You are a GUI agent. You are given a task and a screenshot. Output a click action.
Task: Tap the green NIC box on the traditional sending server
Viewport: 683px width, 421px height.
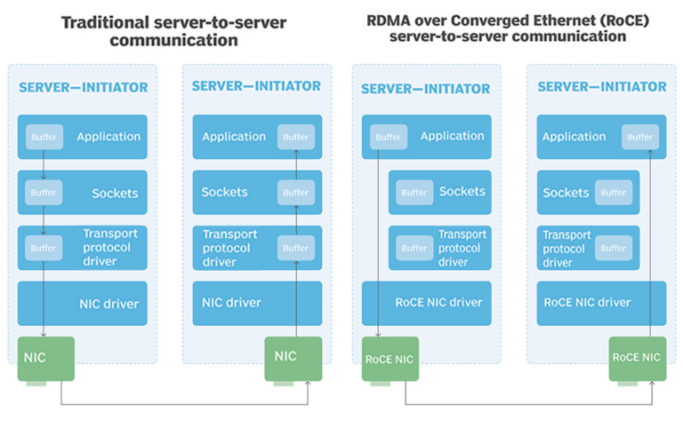45,359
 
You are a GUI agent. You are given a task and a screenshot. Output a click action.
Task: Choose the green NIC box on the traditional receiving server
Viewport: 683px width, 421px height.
293,359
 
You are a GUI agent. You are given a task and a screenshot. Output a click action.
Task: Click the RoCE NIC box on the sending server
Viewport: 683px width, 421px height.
390,359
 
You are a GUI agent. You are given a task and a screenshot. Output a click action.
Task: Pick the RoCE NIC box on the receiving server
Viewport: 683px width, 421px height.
638,359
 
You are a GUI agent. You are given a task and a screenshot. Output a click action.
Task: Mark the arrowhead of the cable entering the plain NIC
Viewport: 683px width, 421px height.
308,384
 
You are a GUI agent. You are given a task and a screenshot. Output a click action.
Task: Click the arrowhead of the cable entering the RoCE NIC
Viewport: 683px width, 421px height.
652,384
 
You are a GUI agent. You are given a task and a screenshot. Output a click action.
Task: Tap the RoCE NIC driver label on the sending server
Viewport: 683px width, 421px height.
438,302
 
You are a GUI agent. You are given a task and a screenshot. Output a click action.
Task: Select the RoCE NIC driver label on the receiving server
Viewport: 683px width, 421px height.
587,302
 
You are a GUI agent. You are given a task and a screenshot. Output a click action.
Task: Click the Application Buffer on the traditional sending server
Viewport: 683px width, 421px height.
44,137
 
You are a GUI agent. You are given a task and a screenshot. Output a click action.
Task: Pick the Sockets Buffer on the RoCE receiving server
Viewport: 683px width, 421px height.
614,192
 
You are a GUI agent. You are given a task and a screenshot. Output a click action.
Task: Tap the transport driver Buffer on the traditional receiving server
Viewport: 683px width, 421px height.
296,248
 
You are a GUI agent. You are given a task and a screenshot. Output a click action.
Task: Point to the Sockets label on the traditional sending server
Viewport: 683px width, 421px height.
115,193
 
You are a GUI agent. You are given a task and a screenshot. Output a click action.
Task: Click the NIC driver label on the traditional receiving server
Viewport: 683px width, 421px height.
231,302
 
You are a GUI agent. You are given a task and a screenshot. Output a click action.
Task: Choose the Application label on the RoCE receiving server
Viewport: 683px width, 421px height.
574,137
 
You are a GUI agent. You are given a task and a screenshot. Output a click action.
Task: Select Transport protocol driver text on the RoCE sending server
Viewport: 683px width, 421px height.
462,248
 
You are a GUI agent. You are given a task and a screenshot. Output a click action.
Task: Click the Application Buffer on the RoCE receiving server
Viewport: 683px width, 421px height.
640,137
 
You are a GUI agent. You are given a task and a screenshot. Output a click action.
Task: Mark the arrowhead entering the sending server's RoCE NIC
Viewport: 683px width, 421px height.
378,334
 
